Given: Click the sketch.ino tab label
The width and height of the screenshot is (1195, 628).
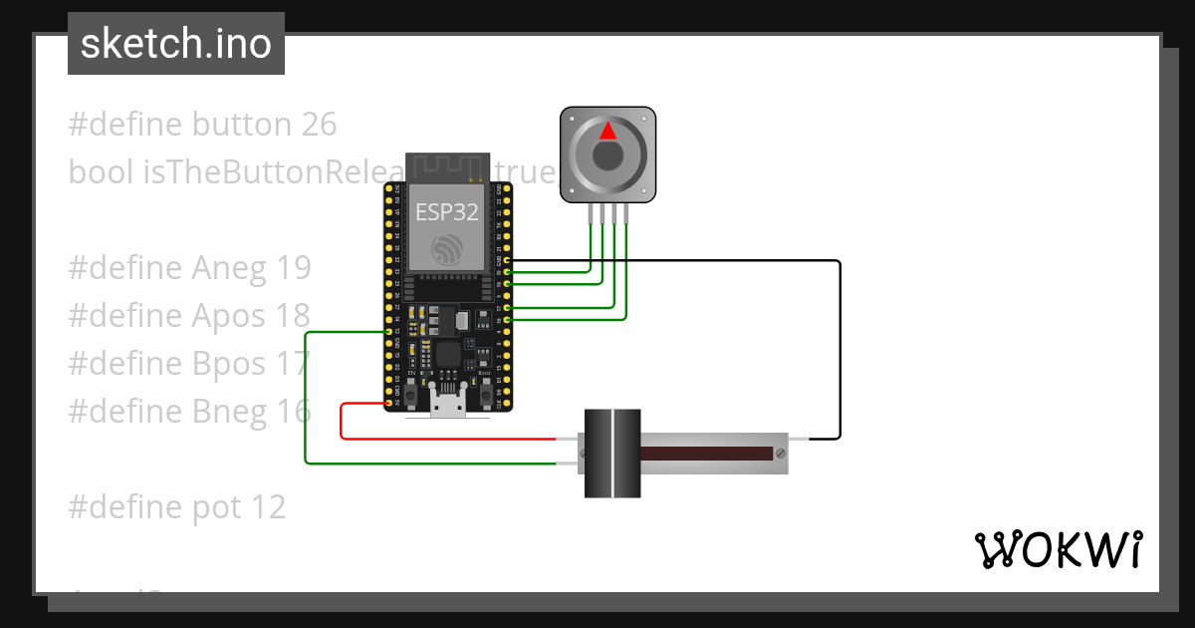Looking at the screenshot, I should [175, 44].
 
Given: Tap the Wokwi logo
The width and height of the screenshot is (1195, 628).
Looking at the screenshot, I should [1058, 549].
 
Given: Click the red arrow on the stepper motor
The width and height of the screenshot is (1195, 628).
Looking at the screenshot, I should [607, 131].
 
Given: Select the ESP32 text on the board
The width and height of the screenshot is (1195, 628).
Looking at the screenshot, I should [446, 211].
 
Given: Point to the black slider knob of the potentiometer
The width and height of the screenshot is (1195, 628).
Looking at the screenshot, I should [611, 454].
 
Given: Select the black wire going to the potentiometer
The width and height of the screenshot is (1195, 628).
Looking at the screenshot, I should [840, 349].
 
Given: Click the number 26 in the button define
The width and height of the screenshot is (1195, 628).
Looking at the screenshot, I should [319, 125].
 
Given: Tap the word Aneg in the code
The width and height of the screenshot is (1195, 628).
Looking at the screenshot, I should [229, 268].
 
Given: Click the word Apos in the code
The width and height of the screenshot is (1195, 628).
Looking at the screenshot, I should [229, 316].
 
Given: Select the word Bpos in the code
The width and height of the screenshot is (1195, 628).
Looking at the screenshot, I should [229, 364].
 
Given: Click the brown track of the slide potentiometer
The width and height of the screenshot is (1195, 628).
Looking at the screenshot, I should [706, 454].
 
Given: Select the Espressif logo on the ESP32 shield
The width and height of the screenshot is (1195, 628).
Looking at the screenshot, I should [446, 248].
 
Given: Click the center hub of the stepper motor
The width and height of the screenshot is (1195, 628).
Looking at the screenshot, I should [607, 157].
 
